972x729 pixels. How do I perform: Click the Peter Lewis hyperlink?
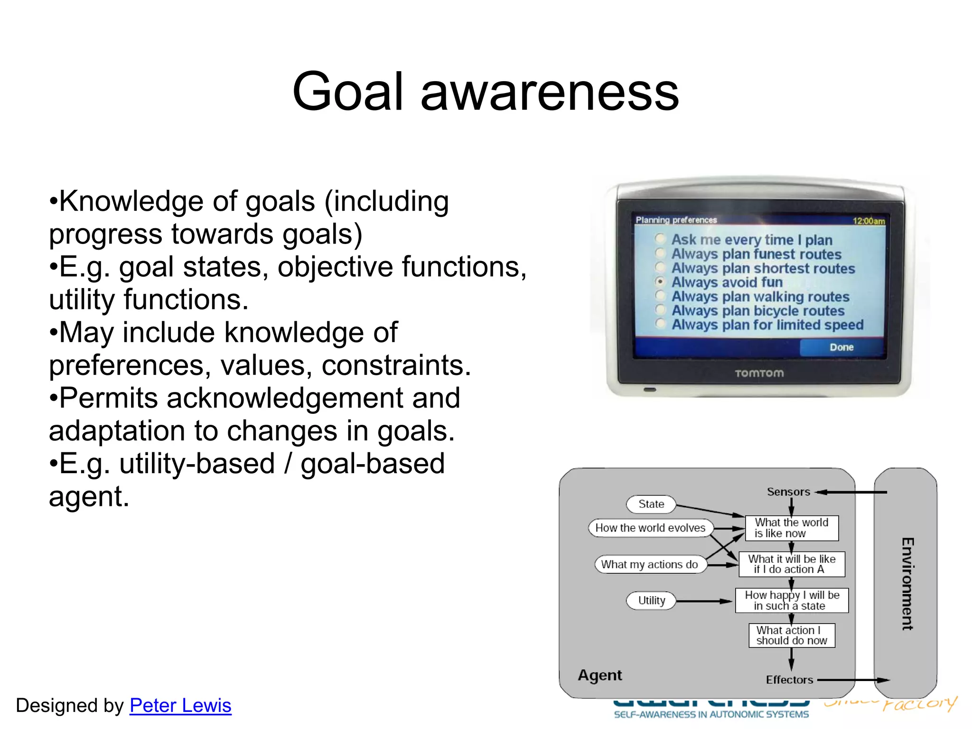(180, 705)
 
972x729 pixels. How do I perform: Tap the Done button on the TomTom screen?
(841, 347)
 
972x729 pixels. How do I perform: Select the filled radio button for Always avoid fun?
(660, 282)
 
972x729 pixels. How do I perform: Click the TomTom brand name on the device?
(759, 374)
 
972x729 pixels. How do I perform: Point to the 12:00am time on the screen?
(869, 221)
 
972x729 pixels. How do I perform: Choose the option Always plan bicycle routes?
(758, 311)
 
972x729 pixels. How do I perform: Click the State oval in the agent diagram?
(651, 504)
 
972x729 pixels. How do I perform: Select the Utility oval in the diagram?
(651, 600)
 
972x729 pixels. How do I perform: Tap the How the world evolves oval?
(650, 528)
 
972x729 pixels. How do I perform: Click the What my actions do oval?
(649, 564)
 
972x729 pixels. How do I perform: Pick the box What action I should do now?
(792, 636)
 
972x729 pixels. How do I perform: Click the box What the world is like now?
(792, 528)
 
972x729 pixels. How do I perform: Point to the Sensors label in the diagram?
(788, 492)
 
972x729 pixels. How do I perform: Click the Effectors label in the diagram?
(789, 680)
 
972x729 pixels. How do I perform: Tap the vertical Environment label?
(907, 584)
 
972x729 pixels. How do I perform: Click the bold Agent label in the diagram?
(599, 675)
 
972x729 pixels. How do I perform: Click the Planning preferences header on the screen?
(676, 220)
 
